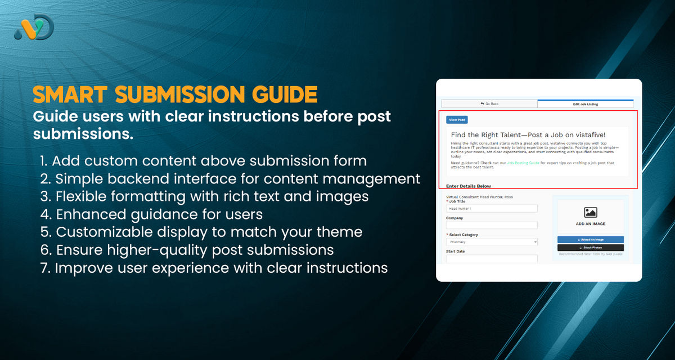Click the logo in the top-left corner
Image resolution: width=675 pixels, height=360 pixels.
tap(34, 27)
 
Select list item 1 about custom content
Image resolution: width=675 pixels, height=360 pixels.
tap(204, 161)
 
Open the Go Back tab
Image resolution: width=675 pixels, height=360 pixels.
tap(489, 103)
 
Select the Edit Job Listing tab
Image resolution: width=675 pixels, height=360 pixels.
tap(585, 103)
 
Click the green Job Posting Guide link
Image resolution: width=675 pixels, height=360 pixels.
tap(523, 163)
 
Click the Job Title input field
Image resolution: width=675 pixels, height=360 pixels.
tap(492, 209)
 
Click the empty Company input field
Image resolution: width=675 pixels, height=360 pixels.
tap(492, 225)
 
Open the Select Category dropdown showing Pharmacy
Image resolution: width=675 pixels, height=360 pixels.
tap(492, 242)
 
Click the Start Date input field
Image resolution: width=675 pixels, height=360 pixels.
tap(492, 259)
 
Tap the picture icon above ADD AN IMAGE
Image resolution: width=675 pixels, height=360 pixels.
tap(590, 213)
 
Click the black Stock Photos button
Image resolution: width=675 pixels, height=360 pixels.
tap(590, 247)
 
